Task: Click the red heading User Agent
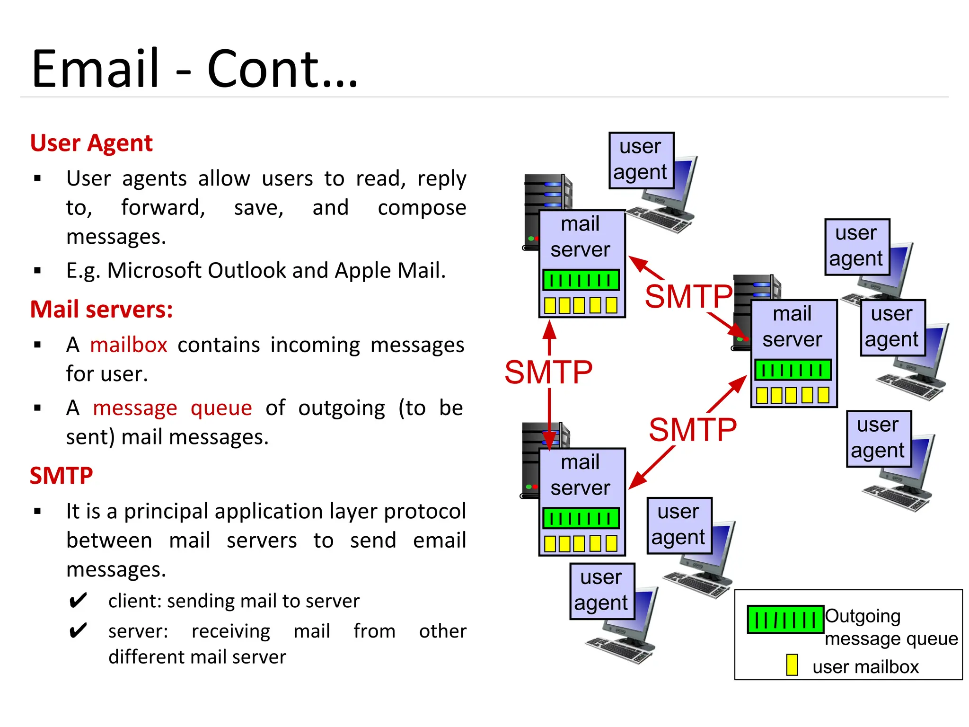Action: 91,143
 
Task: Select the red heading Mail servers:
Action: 101,310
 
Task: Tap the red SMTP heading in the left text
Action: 61,476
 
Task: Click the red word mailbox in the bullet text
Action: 129,345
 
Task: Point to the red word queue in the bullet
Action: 221,408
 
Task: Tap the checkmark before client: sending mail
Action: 78,601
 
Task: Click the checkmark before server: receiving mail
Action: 78,631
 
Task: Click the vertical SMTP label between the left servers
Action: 548,372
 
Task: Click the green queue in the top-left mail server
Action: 581,280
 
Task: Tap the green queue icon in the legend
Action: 785,619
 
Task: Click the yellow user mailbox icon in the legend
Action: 792,665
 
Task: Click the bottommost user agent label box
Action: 601,591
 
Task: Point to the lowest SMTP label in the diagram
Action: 693,430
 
